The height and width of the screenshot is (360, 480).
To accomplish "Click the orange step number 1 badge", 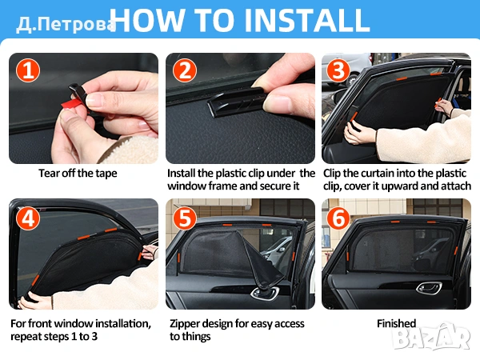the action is tap(28, 70).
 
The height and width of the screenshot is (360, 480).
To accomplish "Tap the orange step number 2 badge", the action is tap(185, 70).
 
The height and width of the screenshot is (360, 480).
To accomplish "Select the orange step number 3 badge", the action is tap(338, 70).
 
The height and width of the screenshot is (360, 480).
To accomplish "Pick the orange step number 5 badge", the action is tap(185, 218).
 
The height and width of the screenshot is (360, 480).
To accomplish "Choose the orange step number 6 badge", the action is tap(338, 218).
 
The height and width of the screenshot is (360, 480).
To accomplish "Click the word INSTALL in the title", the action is tap(306, 20).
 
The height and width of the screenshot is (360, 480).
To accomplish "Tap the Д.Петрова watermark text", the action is tap(66, 25).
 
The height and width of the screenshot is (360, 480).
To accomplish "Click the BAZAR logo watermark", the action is tap(431, 337).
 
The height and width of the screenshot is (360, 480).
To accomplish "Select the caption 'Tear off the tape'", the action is tap(78, 174).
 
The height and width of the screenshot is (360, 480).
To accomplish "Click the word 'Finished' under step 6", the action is tap(397, 323).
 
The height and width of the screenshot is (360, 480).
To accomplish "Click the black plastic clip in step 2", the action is tap(236, 101).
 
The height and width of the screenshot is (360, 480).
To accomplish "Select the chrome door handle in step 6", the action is tap(429, 288).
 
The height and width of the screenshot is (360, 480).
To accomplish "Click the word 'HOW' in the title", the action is tap(148, 20).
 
